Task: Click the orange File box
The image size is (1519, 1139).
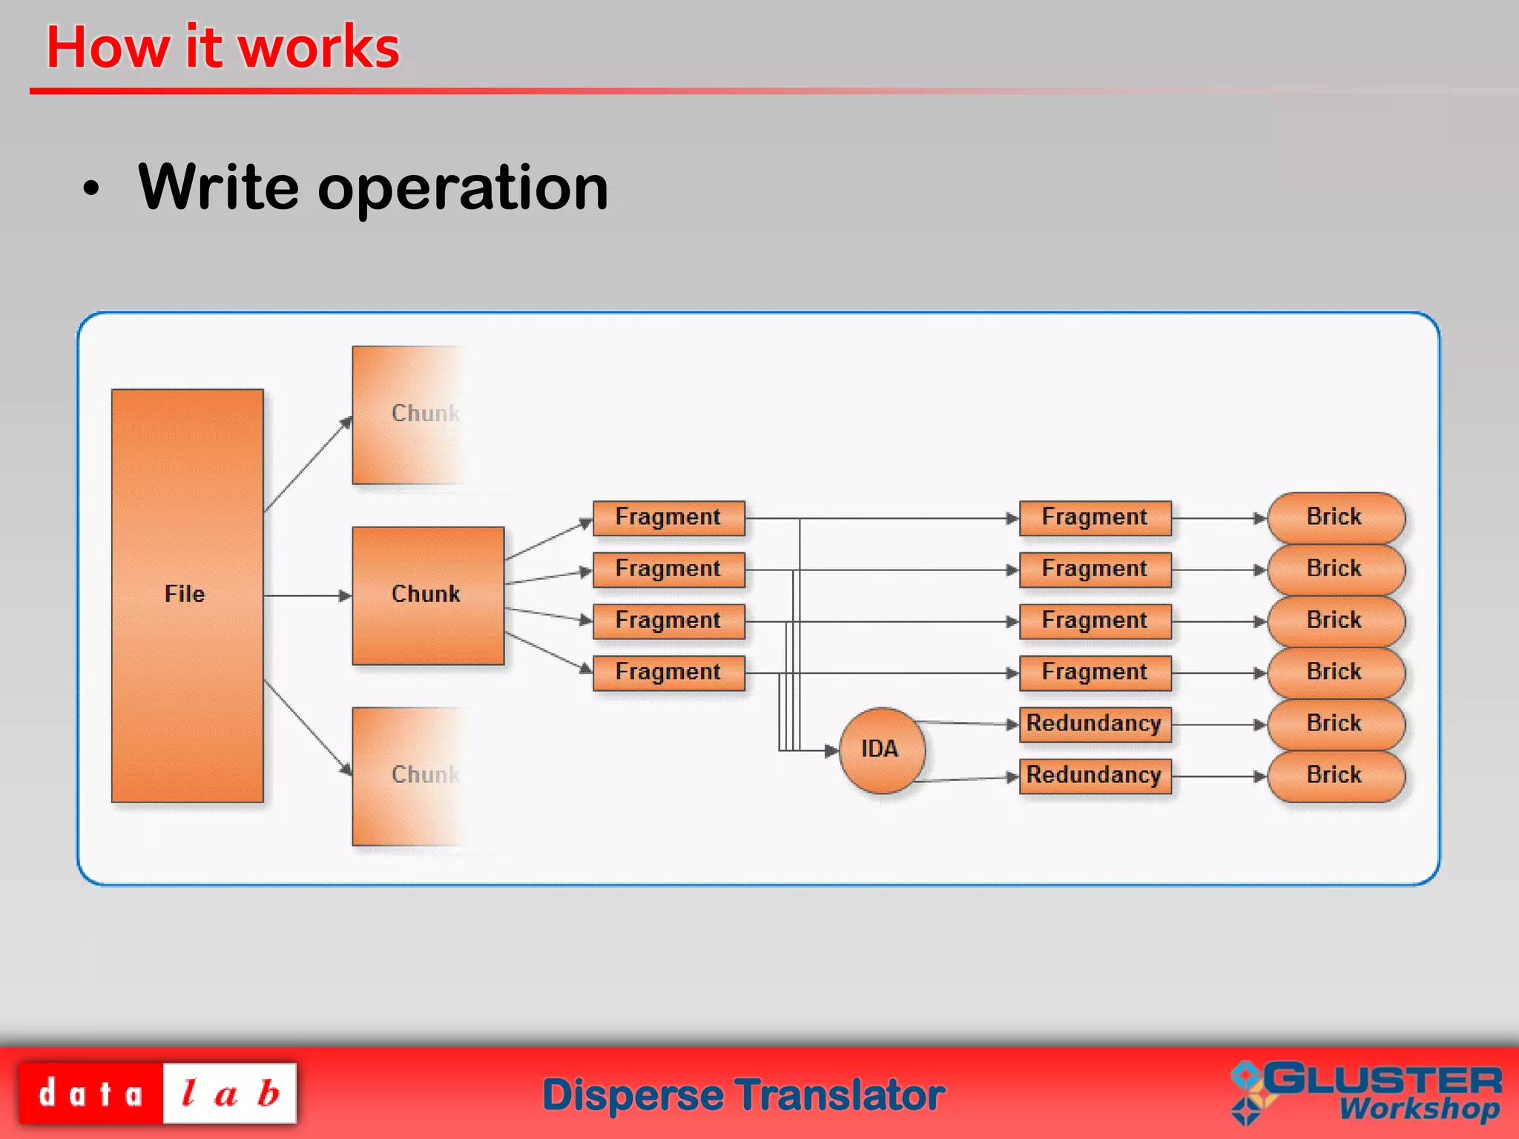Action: [187, 595]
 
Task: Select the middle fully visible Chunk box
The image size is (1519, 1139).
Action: [428, 595]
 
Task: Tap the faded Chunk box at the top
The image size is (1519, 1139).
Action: [408, 415]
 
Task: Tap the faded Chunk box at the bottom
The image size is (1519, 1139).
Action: [408, 776]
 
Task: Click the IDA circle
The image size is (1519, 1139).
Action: [881, 750]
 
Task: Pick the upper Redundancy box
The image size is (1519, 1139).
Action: [1095, 724]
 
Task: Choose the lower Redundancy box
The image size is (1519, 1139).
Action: [1095, 776]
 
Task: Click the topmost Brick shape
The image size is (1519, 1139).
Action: [1336, 518]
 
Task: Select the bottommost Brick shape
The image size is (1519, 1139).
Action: [1336, 776]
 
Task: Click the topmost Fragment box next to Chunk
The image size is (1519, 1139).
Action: [668, 518]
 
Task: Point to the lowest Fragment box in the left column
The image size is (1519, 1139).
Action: [668, 673]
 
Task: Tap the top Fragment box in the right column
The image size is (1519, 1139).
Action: [1095, 518]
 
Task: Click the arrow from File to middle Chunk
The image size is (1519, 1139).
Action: [308, 595]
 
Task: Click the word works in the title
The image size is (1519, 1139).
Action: [319, 48]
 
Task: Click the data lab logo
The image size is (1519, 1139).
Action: [157, 1093]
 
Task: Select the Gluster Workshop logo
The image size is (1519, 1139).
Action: [1366, 1092]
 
